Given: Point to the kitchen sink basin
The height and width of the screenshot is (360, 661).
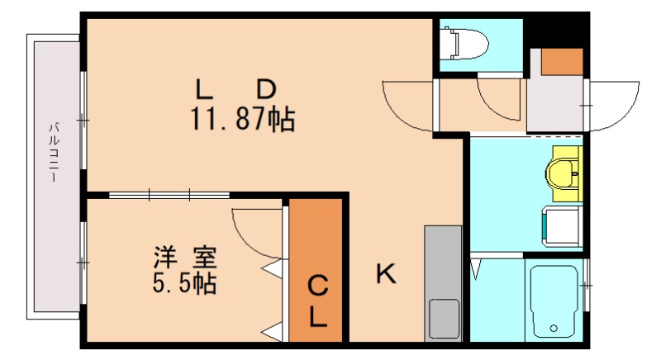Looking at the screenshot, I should pos(443,317).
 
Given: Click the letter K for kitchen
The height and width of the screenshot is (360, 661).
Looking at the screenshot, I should pos(385,273).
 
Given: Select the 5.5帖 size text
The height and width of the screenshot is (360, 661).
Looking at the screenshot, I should pos(183,283).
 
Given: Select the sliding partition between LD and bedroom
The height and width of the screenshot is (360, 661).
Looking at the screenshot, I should pos(169,196).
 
